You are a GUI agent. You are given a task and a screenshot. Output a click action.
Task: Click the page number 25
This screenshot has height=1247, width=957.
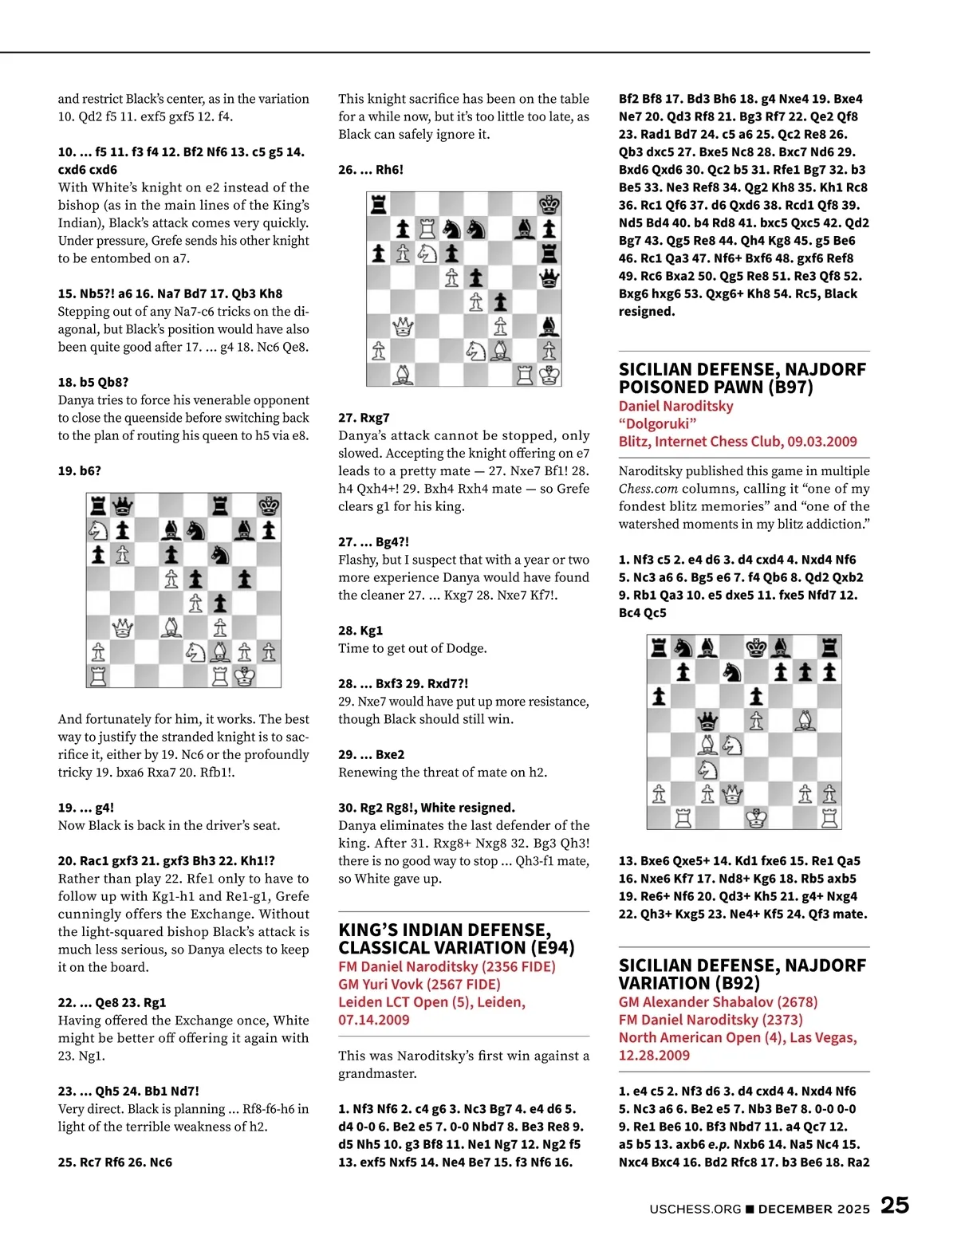(x=894, y=1205)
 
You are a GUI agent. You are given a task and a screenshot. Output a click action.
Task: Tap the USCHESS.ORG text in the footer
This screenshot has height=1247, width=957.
(x=695, y=1209)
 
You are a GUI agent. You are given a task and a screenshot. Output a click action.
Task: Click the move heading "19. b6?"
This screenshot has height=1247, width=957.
(x=80, y=470)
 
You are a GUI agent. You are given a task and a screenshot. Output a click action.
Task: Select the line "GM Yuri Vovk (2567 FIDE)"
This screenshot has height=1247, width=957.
(x=419, y=984)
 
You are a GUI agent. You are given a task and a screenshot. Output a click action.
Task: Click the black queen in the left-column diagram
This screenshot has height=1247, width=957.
(x=123, y=505)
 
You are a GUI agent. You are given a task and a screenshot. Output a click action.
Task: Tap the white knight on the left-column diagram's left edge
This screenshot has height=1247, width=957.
(x=98, y=530)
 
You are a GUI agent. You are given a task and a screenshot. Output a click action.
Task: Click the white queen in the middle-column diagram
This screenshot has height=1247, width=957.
(x=403, y=326)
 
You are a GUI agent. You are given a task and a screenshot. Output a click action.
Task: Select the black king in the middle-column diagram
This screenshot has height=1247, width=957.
(x=549, y=204)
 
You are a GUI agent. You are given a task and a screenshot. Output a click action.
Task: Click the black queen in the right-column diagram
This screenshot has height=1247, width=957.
(x=707, y=722)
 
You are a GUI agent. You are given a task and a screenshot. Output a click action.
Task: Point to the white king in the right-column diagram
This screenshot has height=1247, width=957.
(x=756, y=817)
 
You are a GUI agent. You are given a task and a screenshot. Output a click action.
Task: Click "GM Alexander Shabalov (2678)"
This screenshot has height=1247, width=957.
(x=719, y=1001)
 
